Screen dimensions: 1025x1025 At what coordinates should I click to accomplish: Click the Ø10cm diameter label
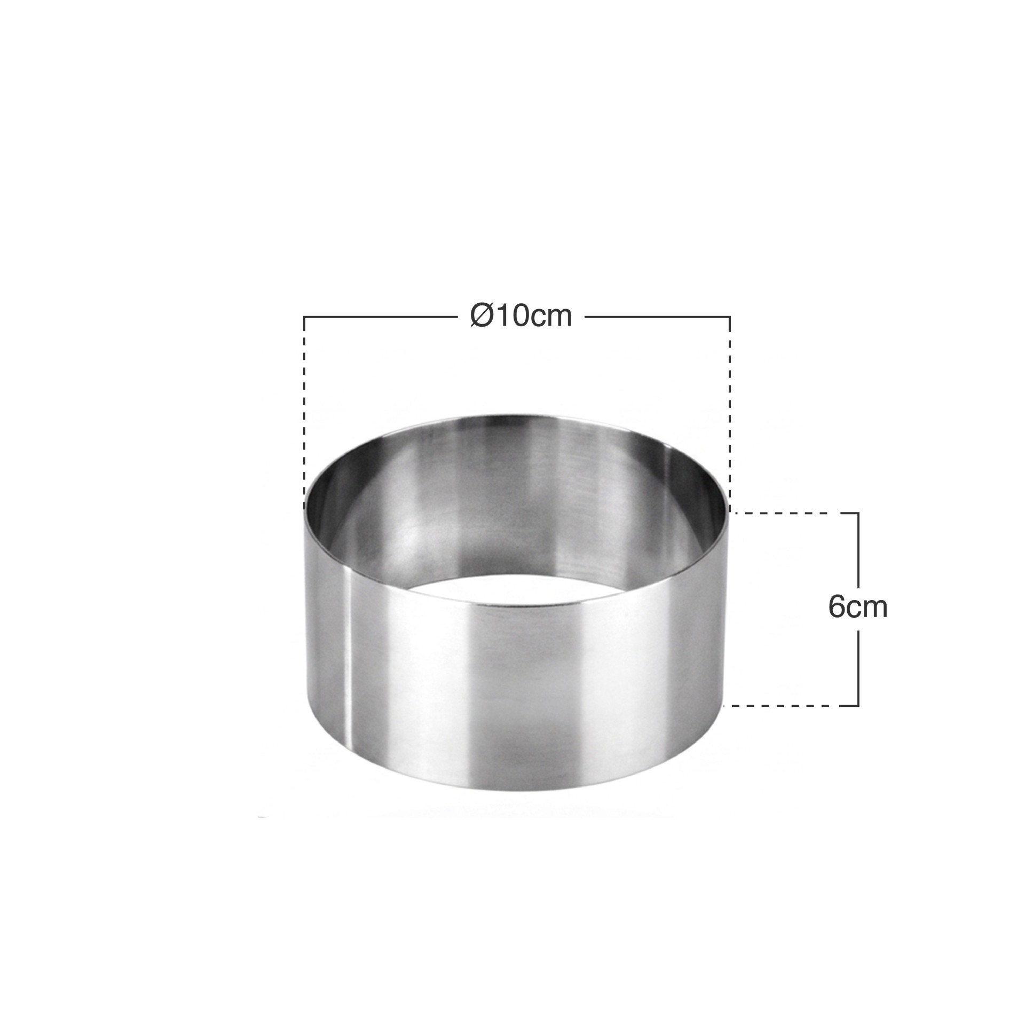(521, 317)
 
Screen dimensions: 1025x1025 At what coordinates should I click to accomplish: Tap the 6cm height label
(858, 607)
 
